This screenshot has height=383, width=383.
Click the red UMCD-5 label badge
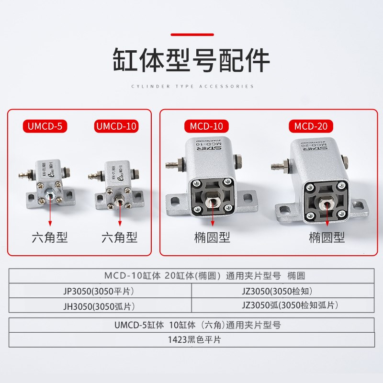pyautogui.click(x=45, y=126)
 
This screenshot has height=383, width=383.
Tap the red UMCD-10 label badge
pyautogui.click(x=117, y=126)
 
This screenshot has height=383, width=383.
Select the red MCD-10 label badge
pyautogui.click(x=206, y=126)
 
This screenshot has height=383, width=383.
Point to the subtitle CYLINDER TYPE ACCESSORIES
pyautogui.click(x=191, y=87)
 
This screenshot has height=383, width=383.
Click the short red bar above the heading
pyautogui.click(x=191, y=35)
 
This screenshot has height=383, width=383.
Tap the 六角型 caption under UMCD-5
pyautogui.click(x=50, y=237)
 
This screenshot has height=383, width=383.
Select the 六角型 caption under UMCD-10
pyautogui.click(x=119, y=237)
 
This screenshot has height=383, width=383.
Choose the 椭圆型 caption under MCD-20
pyautogui.click(x=327, y=237)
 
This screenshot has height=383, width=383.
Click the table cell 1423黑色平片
pyautogui.click(x=191, y=340)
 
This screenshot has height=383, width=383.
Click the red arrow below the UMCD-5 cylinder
pyautogui.click(x=50, y=214)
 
